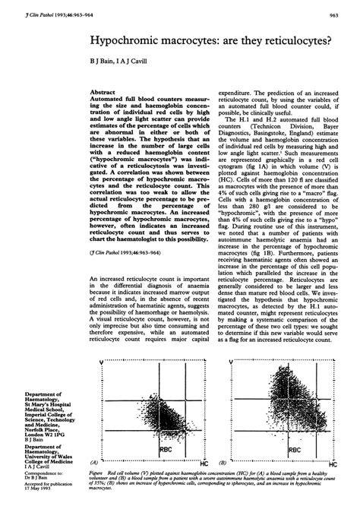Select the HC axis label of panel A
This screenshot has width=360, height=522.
point(204,461)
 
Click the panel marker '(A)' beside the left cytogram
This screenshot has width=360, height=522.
point(93,461)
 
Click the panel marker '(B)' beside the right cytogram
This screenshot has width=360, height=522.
point(222,461)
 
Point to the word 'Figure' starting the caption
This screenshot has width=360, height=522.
point(98,471)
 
